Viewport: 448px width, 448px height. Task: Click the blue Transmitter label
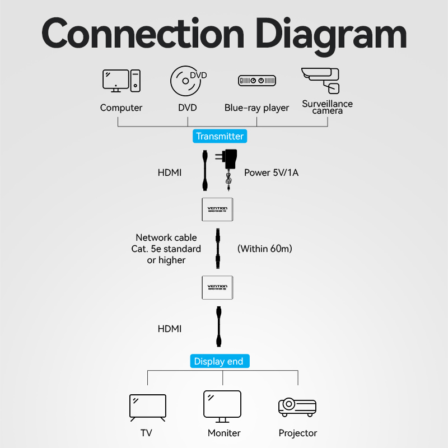220,136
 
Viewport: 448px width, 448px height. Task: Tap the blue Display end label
218,361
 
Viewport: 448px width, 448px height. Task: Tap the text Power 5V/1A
271,172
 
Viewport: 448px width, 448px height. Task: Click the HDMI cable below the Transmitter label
204,171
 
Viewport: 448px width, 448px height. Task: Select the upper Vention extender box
218,209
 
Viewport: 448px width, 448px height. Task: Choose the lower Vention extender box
218,288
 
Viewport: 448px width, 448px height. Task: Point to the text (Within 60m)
264,248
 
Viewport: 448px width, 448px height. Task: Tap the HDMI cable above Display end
218,328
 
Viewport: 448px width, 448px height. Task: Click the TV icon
148,407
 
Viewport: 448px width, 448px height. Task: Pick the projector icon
297,407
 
